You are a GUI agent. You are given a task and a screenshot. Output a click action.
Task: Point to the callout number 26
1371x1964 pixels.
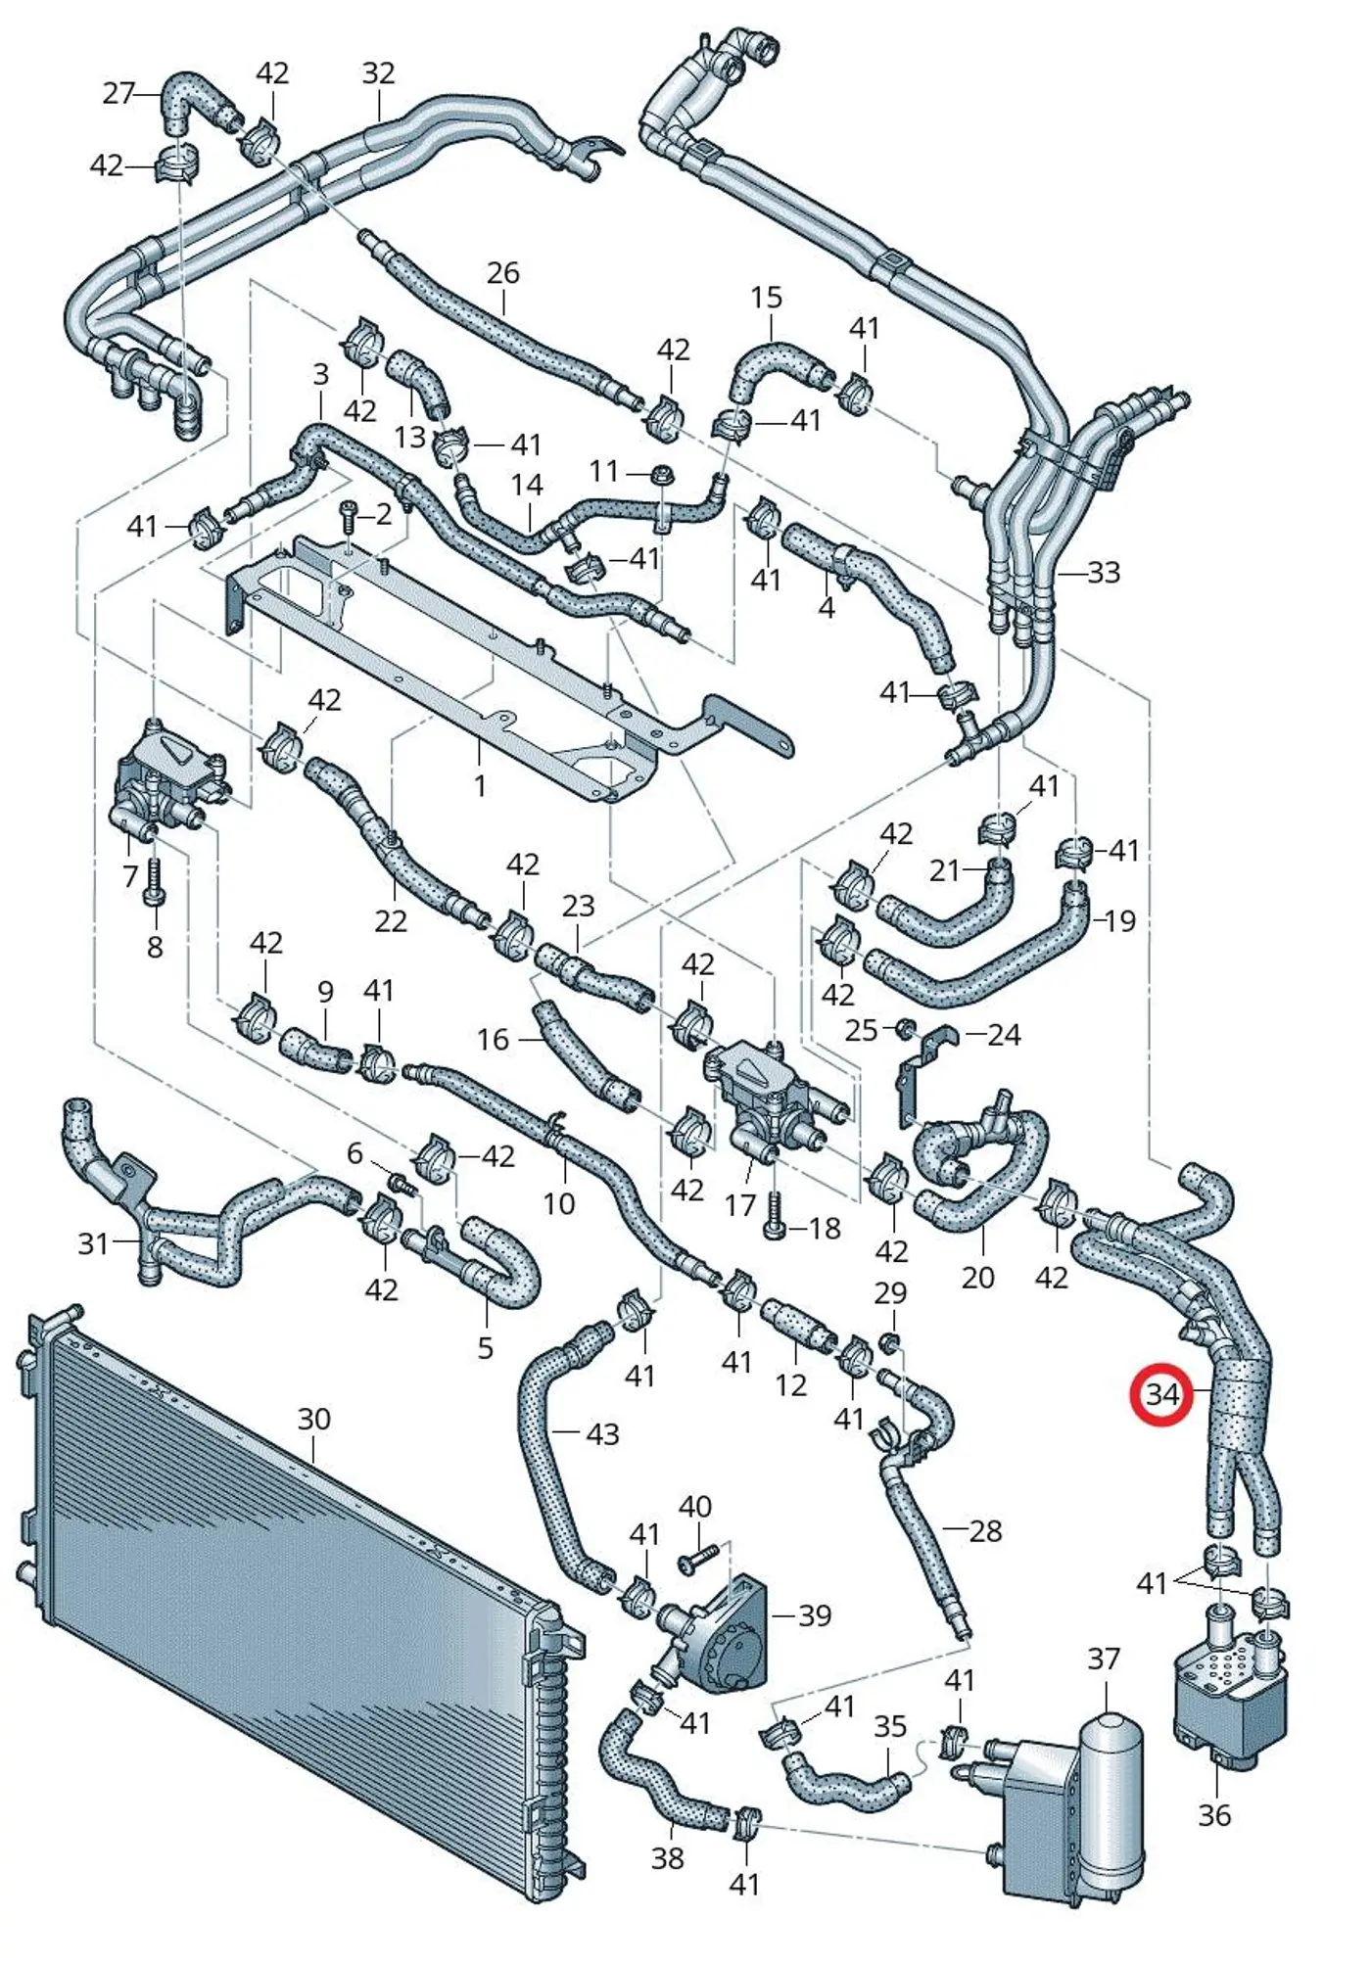502,273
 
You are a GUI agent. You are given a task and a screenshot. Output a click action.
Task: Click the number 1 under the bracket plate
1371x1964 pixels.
480,785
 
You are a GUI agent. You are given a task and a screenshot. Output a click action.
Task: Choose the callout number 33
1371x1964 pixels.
1104,572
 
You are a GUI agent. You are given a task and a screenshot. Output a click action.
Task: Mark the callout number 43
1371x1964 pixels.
602,1434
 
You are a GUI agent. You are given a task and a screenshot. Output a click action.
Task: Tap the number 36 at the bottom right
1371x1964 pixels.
1214,1815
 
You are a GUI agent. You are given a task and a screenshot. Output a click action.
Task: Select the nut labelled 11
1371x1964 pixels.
662,476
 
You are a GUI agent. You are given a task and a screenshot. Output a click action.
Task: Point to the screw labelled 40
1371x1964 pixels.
697,1557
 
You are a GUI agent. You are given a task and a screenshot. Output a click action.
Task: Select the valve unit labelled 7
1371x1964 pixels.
166,780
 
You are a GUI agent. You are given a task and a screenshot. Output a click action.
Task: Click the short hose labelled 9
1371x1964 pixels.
315,1051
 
